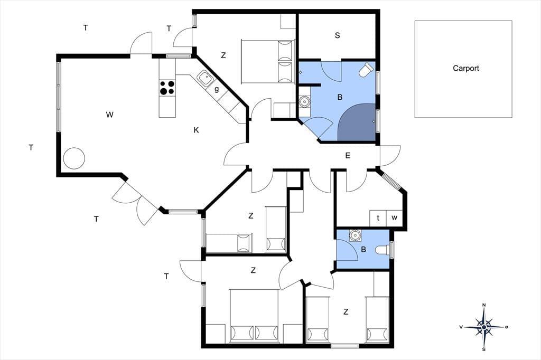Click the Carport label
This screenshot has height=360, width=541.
[466, 68]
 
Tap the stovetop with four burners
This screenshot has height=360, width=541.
[167, 88]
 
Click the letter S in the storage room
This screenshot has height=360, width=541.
[338, 35]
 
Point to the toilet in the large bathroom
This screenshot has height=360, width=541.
[367, 70]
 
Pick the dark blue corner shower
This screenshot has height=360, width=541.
[357, 122]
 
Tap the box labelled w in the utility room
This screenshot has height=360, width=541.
[394, 218]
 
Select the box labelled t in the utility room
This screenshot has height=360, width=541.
[378, 218]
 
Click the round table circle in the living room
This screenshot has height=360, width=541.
[74, 158]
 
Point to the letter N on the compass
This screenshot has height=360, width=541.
[484, 305]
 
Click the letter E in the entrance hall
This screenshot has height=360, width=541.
[348, 156]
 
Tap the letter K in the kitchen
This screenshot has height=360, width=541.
[197, 130]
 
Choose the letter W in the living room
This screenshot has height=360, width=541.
[110, 115]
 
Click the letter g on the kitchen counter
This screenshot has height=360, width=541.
[217, 89]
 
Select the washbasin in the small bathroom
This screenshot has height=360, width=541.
[355, 235]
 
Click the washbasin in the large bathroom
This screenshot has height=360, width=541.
[304, 102]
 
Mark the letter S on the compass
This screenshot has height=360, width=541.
[484, 349]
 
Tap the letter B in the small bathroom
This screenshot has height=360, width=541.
[363, 249]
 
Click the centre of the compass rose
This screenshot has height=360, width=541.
[484, 327]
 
